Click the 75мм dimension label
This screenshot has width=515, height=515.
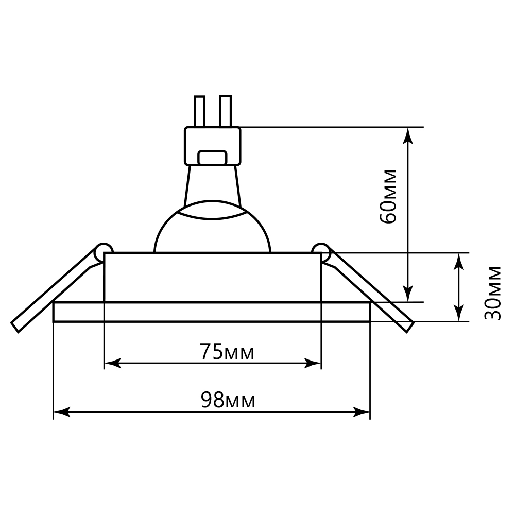(227, 351)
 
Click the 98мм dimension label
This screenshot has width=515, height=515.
(228, 400)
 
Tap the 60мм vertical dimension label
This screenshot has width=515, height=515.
(388, 197)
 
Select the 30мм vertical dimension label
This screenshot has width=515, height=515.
(492, 293)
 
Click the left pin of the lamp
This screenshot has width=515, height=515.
(199, 111)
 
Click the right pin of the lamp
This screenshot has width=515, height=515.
(226, 111)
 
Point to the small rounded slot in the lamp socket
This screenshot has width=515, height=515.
(212, 157)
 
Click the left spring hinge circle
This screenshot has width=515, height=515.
(103, 252)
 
